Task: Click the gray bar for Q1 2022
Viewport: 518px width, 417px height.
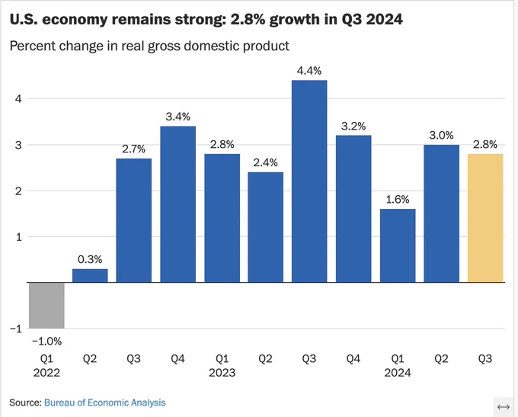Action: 46,305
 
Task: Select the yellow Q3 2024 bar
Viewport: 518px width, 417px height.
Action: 485,218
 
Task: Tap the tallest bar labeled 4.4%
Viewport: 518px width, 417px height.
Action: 309,181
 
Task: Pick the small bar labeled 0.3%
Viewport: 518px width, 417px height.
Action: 90,276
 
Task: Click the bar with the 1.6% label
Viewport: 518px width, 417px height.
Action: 398,245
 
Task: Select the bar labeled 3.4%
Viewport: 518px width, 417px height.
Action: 177,204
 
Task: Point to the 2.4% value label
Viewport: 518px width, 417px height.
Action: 266,162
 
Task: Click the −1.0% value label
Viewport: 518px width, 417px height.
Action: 46,342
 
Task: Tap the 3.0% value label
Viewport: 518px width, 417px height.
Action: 441,135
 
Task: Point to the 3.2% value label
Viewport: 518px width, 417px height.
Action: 353,126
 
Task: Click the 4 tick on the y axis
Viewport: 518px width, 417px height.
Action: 18,98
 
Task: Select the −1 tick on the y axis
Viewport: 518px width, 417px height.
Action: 16,329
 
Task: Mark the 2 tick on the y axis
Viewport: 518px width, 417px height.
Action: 18,191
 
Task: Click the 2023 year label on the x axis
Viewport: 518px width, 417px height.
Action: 222,373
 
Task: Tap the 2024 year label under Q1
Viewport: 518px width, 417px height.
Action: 398,373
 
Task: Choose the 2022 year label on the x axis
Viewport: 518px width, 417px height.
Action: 46,373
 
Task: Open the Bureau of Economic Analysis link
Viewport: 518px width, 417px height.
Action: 104,403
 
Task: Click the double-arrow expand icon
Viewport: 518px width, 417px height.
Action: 504,407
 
